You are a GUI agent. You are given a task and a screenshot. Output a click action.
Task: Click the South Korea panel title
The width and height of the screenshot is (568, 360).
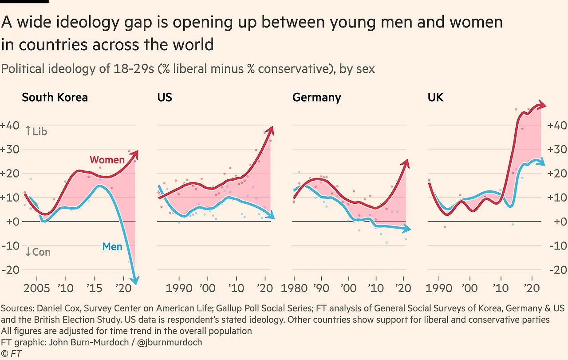click(x=55, y=97)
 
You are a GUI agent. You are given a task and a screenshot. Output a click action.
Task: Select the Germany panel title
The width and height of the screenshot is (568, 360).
click(x=316, y=97)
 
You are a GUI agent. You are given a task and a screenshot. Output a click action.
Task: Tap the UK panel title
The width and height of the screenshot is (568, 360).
click(x=435, y=97)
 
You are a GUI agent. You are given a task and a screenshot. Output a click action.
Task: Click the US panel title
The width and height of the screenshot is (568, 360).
click(x=165, y=97)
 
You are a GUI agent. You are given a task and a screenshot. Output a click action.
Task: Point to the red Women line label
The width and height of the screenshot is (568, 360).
click(x=107, y=160)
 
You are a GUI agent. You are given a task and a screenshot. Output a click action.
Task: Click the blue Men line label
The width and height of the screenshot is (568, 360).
click(x=112, y=246)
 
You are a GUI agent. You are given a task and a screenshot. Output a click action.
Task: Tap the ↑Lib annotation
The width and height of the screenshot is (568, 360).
click(x=36, y=131)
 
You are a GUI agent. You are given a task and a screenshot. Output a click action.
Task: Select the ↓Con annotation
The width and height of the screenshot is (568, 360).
click(x=38, y=252)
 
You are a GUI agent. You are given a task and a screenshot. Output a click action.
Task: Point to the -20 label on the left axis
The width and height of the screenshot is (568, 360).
click(x=10, y=270)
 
